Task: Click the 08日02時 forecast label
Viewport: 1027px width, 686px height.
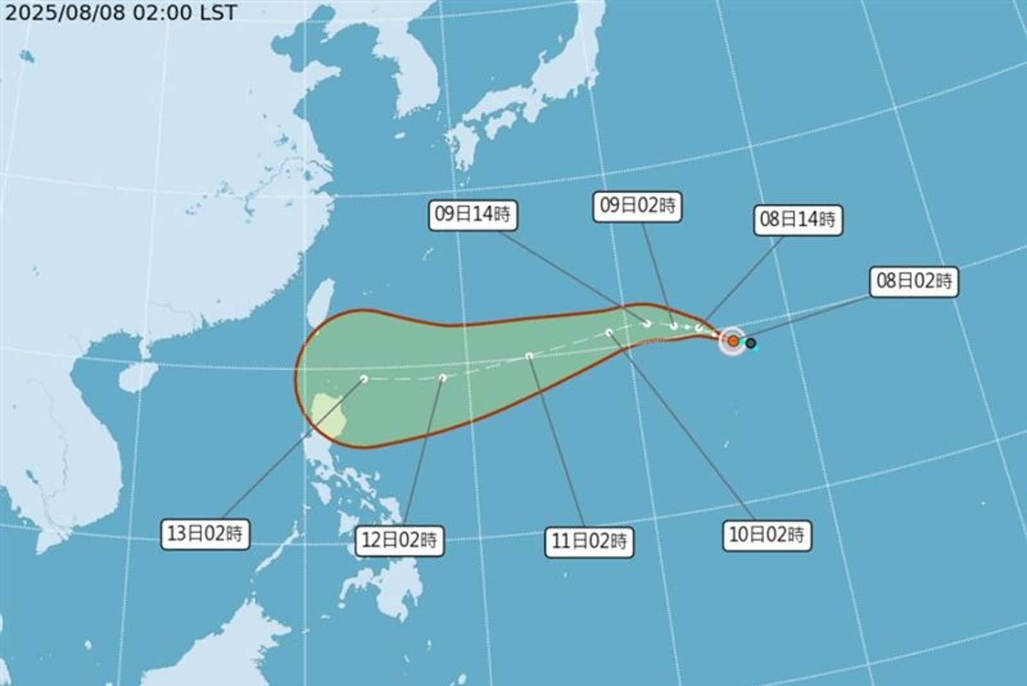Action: click(x=913, y=281)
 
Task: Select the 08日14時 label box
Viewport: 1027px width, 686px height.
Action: click(x=797, y=220)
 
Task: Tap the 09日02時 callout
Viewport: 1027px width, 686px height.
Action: click(x=637, y=206)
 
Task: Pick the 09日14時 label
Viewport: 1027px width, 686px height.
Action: click(x=472, y=214)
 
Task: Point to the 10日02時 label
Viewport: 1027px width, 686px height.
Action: click(x=766, y=534)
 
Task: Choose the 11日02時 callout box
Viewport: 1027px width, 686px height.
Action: click(x=589, y=541)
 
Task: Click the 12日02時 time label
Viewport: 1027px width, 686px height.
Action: click(x=399, y=540)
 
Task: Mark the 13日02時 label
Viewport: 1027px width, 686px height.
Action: click(x=205, y=533)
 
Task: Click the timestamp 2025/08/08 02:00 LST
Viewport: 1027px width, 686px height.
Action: click(x=121, y=12)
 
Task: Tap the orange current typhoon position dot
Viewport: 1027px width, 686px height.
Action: click(x=733, y=341)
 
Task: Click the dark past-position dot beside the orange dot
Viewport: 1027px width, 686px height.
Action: click(x=750, y=343)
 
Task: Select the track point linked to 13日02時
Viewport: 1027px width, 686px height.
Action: click(x=364, y=379)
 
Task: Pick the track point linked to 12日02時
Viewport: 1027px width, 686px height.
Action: click(x=443, y=378)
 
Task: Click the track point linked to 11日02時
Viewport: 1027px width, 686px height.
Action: click(x=529, y=356)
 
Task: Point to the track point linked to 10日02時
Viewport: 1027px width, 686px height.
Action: click(x=609, y=332)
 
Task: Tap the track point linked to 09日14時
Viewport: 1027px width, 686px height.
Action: click(x=647, y=324)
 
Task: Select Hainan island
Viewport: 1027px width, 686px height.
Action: click(x=138, y=376)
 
